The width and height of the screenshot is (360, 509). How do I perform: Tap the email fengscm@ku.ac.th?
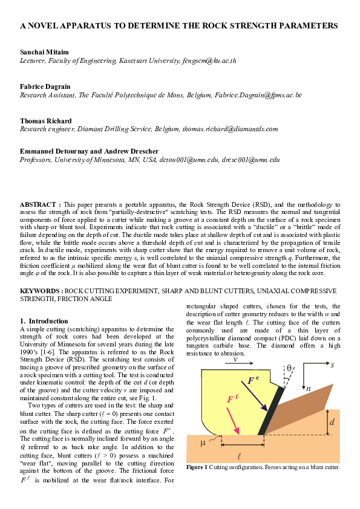pyautogui.click(x=208, y=60)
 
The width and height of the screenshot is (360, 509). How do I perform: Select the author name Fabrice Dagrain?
pyautogui.click(x=45, y=87)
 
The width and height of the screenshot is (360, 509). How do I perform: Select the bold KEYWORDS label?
pyautogui.click(x=40, y=291)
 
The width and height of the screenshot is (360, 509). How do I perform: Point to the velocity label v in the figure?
pyautogui.click(x=235, y=357)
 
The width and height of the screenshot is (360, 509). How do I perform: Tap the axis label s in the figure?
pyautogui.click(x=332, y=365)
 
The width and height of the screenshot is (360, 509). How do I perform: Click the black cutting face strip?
pyautogui.click(x=269, y=411)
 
